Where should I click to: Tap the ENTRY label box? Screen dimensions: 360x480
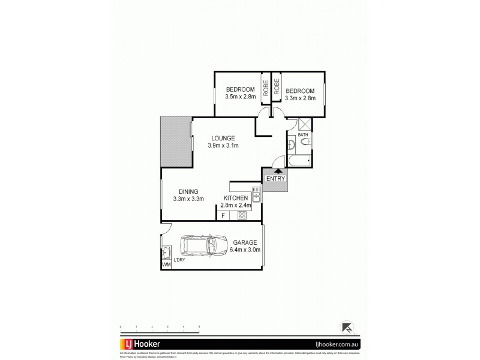(275, 178)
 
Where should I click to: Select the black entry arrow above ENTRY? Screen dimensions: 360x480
(277, 171)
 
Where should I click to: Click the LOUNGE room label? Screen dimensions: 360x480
(222, 138)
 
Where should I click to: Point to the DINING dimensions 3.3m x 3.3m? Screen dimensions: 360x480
(189, 199)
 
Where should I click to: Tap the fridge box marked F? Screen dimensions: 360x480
(223, 215)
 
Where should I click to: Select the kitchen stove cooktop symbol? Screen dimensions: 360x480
(243, 215)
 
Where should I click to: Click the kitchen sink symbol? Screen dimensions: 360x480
(256, 194)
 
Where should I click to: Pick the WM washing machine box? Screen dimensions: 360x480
(166, 264)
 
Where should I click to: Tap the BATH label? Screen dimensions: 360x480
(302, 136)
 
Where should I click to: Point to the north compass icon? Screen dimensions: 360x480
(347, 327)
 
